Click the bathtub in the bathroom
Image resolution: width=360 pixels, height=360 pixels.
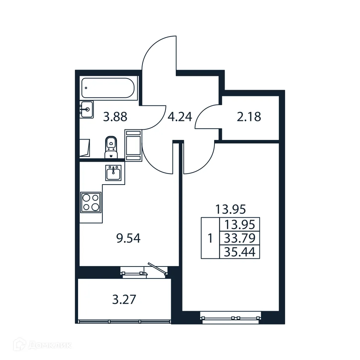click(107, 88)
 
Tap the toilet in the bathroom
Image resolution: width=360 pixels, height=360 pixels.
click(111, 147)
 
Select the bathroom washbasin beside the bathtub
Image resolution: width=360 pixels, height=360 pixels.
click(86, 109)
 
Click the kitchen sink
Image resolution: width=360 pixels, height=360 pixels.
click(113, 173)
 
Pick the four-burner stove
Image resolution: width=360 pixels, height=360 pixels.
click(90, 202)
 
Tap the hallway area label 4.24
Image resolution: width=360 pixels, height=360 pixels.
click(180, 116)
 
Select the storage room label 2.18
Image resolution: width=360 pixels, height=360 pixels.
click(249, 116)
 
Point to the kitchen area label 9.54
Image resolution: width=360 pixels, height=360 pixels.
click(128, 239)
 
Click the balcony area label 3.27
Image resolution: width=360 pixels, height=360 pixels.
click(124, 300)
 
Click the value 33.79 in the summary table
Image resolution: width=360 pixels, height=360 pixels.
click(239, 239)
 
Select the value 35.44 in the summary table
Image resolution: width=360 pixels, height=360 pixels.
click(239, 252)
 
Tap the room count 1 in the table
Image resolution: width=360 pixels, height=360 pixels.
click(210, 239)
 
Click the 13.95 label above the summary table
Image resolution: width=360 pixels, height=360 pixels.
click(230, 210)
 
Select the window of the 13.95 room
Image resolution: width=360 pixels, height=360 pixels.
click(231, 317)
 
